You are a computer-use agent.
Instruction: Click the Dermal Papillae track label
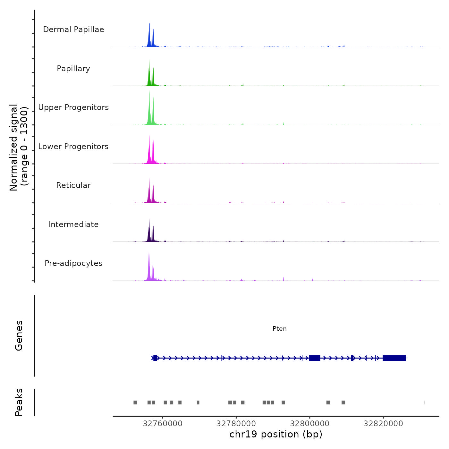[73, 30]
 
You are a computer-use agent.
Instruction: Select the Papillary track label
[73, 69]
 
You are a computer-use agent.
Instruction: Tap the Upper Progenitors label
[73, 107]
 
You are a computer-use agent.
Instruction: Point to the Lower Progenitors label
[73, 147]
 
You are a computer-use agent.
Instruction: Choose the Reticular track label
[73, 185]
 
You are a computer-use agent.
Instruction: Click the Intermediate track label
[73, 224]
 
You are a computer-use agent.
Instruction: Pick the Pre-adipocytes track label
[73, 263]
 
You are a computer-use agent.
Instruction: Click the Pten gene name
[279, 328]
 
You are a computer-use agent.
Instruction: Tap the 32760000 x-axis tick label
[163, 423]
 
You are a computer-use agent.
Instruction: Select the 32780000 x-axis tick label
[236, 423]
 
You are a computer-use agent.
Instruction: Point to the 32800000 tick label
[310, 423]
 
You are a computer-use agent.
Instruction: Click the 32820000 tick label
[383, 423]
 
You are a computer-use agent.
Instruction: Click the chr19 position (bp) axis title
[276, 434]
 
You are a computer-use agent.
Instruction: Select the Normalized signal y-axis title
[19, 148]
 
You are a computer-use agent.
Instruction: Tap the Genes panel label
[19, 335]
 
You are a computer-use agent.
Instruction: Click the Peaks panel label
[19, 402]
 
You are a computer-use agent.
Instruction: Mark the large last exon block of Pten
[394, 358]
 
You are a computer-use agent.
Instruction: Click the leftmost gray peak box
[135, 402]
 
